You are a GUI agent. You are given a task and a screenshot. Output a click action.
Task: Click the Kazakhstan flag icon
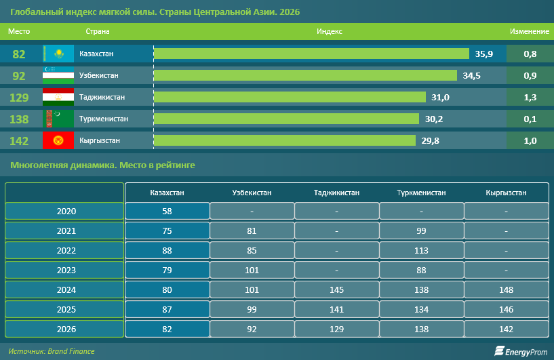[x=58, y=54]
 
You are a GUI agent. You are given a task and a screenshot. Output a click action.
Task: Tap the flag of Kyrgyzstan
[x=58, y=140]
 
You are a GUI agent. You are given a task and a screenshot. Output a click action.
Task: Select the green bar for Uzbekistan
[x=305, y=75]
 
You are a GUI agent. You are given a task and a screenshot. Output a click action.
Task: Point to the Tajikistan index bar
[x=290, y=97]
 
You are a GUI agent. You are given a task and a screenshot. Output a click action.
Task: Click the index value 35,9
[x=483, y=54]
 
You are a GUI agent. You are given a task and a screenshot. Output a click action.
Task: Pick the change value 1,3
[x=530, y=97]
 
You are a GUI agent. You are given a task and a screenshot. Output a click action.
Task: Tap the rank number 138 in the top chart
[x=19, y=119]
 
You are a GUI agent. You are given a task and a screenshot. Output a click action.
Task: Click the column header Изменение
[x=529, y=31]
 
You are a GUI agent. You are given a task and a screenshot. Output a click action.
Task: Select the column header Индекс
[x=330, y=31]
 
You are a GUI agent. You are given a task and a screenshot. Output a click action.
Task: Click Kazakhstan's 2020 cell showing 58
[x=167, y=211]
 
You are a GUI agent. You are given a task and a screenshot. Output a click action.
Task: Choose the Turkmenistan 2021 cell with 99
[x=421, y=231]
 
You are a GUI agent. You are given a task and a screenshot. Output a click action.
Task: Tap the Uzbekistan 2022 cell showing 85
[x=252, y=251]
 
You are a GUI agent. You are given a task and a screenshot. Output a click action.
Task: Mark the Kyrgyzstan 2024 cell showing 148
[x=506, y=290]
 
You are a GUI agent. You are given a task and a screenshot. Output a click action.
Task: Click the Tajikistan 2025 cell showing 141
[x=336, y=310]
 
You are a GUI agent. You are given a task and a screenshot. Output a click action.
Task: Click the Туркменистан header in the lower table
[x=421, y=193]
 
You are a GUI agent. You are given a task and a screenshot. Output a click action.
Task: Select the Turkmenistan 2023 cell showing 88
[x=421, y=271]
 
